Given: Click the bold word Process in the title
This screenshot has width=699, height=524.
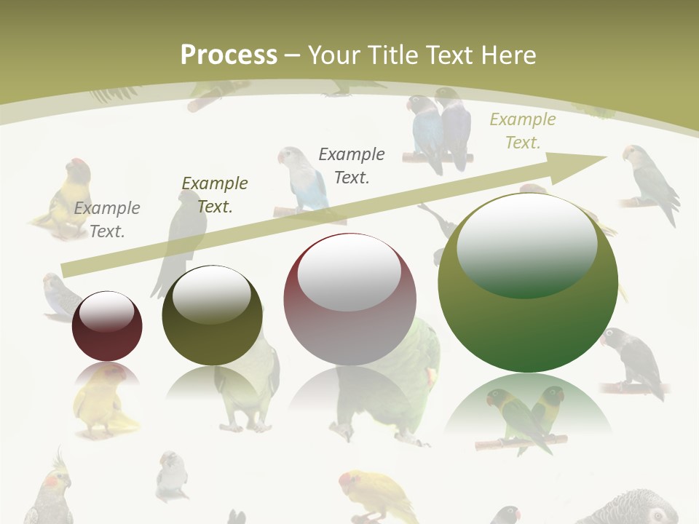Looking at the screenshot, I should point(229,55).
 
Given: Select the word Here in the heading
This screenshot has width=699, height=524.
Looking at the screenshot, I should point(510,55).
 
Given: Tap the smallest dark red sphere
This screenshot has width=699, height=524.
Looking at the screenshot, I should point(107,326).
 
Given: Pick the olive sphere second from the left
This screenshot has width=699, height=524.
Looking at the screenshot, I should point(212,315).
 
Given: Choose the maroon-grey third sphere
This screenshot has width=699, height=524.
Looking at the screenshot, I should point(350,299).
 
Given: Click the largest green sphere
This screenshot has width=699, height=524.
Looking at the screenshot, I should point(528,283).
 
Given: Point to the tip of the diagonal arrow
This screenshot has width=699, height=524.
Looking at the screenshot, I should point(606,157).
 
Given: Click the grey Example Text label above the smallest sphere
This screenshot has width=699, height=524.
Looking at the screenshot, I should point(107,219).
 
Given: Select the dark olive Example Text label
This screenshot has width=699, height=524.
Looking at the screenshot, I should point(214,194).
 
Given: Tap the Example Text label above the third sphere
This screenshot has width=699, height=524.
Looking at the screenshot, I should point(352,165).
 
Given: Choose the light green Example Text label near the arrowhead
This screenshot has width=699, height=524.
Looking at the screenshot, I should point(522,130).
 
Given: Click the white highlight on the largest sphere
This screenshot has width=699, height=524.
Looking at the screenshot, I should point(526,240).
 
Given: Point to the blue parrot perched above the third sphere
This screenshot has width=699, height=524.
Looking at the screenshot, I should point(301,180).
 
